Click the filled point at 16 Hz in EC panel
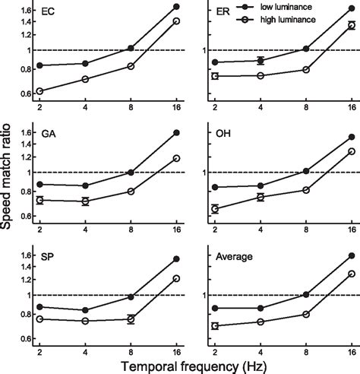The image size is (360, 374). click(x=176, y=6)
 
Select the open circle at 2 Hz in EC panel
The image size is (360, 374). click(x=39, y=91)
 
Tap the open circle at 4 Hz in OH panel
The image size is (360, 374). click(x=261, y=197)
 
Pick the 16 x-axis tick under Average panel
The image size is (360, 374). click(x=352, y=353)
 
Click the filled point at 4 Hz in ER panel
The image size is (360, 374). click(x=261, y=60)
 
